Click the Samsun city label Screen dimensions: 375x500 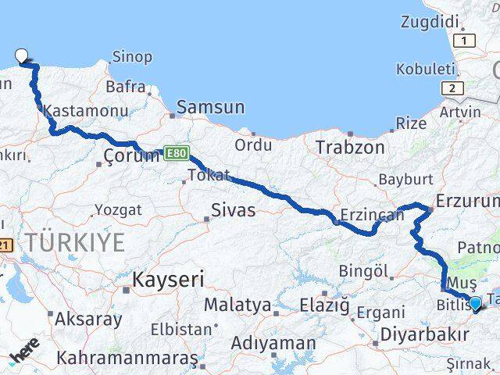click(x=210, y=108)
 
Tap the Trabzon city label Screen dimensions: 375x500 click(x=350, y=147)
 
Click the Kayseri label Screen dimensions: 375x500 click(x=168, y=279)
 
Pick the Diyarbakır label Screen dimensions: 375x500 click(x=425, y=334)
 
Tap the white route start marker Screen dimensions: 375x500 click(x=22, y=55)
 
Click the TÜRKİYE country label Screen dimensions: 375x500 click(x=74, y=242)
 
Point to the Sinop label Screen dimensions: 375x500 click(x=132, y=57)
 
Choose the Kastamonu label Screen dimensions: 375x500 click(x=77, y=111)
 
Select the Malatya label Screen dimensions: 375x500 click(x=237, y=304)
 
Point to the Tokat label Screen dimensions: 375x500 click(x=209, y=175)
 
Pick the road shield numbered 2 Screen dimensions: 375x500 click(x=451, y=88)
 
